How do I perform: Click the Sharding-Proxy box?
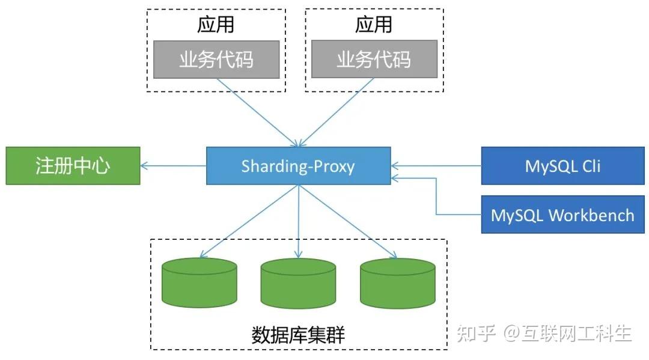(298, 166)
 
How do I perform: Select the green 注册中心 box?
(73, 166)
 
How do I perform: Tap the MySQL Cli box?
(563, 166)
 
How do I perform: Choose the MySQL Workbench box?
(563, 215)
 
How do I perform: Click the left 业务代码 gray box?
(216, 59)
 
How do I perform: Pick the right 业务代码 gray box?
(374, 59)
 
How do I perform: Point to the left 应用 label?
(216, 25)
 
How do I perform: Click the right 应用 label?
(374, 25)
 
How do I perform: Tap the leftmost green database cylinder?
(200, 283)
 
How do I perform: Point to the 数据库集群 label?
(298, 334)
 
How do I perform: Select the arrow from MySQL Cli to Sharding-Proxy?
(436, 166)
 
